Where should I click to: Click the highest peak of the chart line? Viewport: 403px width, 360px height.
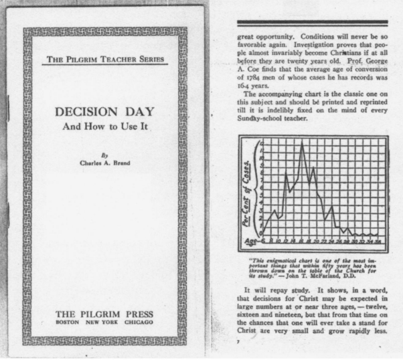click(303, 144)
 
